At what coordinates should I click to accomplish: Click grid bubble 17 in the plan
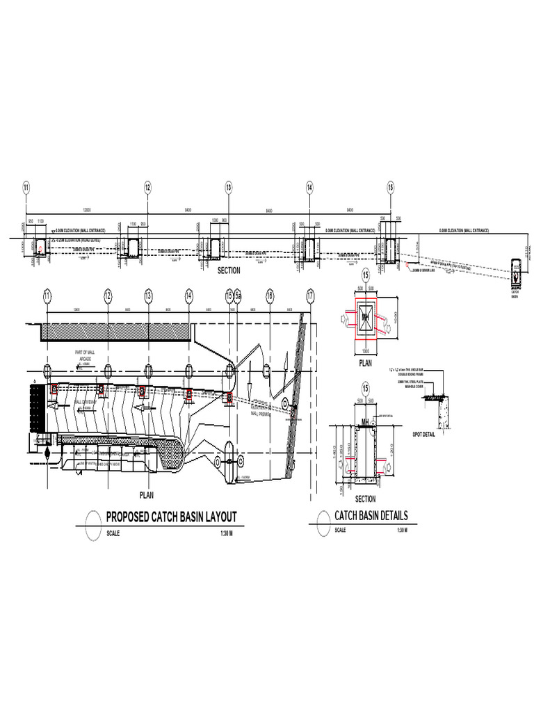coord(310,296)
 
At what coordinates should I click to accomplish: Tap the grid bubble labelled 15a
coord(237,296)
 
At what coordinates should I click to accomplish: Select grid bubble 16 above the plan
coord(270,296)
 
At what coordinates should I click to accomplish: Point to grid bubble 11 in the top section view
coord(26,187)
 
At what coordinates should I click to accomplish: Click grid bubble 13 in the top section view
coord(228,187)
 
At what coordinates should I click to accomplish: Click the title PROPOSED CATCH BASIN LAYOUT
coord(171,517)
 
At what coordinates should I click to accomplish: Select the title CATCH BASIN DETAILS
coord(371,516)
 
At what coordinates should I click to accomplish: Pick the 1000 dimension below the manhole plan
coord(365,351)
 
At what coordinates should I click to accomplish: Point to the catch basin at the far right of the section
coord(516,271)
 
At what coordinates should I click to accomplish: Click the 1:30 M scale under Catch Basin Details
coord(401,531)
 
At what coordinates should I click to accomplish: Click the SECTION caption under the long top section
coord(228,270)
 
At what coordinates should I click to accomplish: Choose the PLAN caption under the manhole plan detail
coord(365,362)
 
